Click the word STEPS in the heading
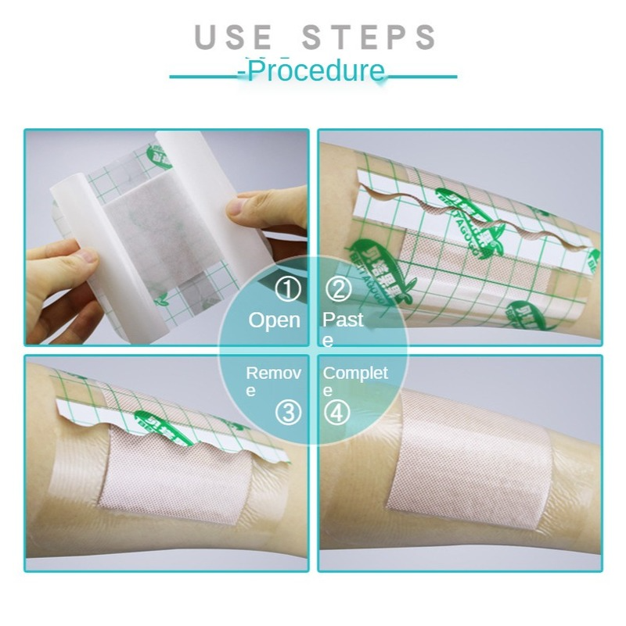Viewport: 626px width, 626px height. [371, 38]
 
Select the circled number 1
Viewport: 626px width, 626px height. [288, 291]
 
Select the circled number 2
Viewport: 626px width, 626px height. [338, 291]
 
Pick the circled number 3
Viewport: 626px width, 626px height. [289, 413]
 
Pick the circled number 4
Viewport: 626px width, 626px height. [337, 413]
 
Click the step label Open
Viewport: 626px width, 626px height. [274, 320]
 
